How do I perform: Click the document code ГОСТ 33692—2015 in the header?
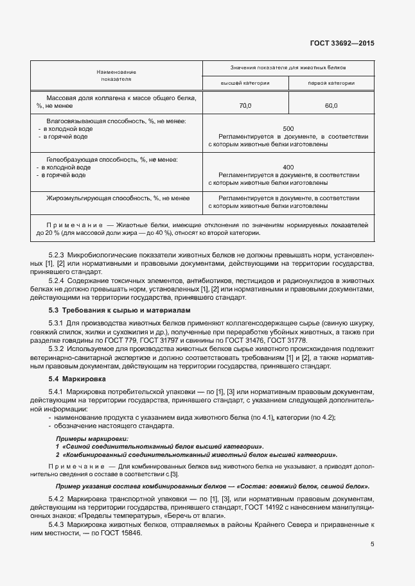342,44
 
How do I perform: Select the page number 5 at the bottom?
372,544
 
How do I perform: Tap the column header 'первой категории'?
331,83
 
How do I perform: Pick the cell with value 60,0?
331,105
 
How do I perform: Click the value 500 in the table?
288,128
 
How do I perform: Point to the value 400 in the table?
288,166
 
